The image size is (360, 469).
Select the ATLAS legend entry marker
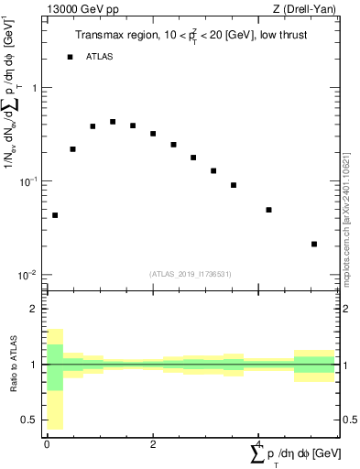(70, 57)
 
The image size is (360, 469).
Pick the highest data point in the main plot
(113, 122)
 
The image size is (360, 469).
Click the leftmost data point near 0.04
(55, 215)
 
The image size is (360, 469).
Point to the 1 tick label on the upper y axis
(35, 88)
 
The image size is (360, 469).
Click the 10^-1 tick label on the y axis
(31, 181)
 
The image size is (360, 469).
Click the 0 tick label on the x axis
(47, 443)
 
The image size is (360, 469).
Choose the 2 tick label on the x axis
(153, 443)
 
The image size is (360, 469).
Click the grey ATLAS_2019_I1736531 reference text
(191, 274)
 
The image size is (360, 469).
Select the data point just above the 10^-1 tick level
(213, 170)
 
